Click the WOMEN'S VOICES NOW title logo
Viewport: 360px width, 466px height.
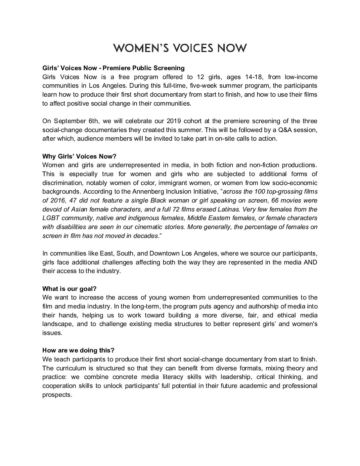pyautogui.click(x=180, y=48)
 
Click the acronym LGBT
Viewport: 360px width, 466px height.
pyautogui.click(x=51, y=218)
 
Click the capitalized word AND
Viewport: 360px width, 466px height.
pyautogui.click(x=310, y=262)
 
